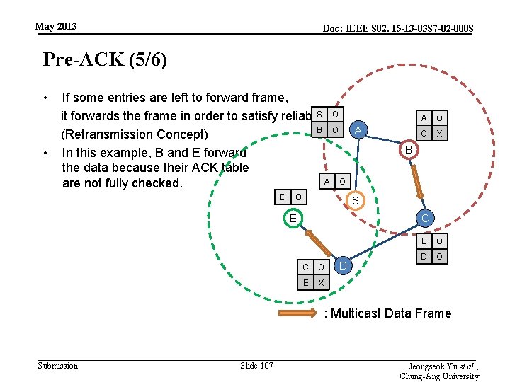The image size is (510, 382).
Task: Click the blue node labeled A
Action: pyautogui.click(x=358, y=129)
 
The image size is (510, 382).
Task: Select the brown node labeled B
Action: pyautogui.click(x=409, y=150)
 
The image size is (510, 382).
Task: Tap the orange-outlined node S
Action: pyautogui.click(x=356, y=202)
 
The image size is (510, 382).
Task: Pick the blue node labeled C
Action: pyautogui.click(x=424, y=219)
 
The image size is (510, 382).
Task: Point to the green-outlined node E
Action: pyautogui.click(x=292, y=219)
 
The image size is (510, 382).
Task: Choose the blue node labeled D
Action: pyautogui.click(x=343, y=266)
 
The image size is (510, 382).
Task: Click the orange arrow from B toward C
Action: pyautogui.click(x=419, y=181)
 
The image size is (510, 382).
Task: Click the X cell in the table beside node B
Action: pyautogui.click(x=439, y=133)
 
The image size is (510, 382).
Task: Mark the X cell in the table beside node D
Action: pyautogui.click(x=320, y=282)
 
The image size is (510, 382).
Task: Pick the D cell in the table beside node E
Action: pyautogui.click(x=283, y=196)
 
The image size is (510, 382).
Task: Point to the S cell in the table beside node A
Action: pyautogui.click(x=319, y=115)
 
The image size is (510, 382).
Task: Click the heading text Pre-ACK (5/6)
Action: pyautogui.click(x=105, y=59)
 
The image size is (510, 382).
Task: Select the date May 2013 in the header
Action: pyautogui.click(x=56, y=27)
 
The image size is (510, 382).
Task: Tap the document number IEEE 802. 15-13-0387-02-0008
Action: pyautogui.click(x=398, y=28)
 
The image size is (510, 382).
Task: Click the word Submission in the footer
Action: pyautogui.click(x=57, y=366)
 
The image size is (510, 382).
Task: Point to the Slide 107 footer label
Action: pyautogui.click(x=256, y=366)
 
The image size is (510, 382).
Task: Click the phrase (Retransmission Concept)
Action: pyautogui.click(x=135, y=134)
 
